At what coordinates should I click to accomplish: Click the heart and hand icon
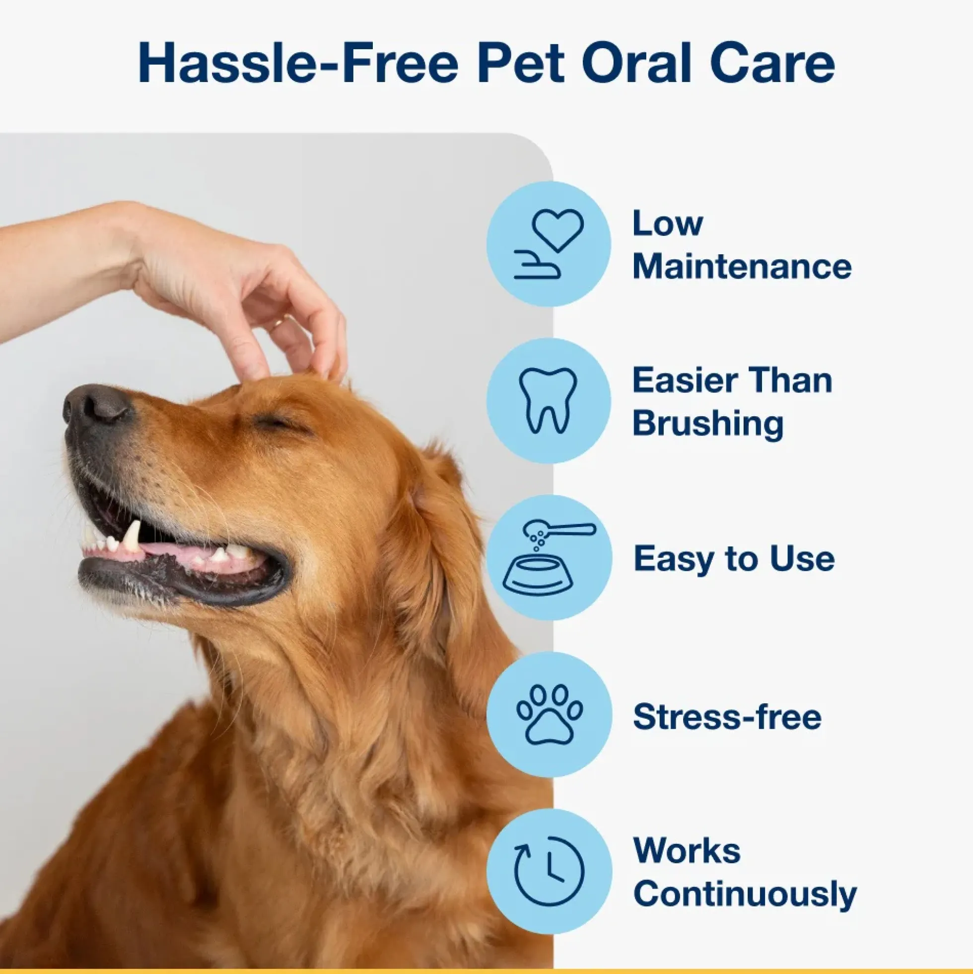pos(549,244)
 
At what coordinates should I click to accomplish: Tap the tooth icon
pos(548,401)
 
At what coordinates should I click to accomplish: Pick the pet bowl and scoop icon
pos(549,558)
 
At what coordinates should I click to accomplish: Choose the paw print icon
pos(550,714)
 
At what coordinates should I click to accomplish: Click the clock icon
pos(549,871)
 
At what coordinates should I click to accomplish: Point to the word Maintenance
pos(742,266)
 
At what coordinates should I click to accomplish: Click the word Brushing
pos(708,423)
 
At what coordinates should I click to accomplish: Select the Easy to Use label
pos(734,559)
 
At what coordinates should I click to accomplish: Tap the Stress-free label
pos(727,716)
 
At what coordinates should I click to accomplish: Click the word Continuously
pos(745,894)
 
